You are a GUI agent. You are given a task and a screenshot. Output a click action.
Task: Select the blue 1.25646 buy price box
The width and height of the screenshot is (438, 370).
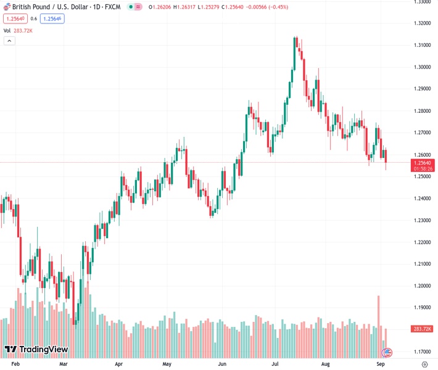52,18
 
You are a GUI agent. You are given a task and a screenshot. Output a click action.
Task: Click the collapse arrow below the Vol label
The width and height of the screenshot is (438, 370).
9,41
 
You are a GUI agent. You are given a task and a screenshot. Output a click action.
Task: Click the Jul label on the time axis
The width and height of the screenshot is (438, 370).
276,364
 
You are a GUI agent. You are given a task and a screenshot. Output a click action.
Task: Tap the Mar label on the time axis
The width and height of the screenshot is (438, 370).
63,364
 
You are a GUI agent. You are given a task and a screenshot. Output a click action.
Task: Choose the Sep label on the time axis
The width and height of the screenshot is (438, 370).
381,364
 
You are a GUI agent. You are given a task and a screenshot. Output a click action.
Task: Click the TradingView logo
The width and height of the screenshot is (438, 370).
36,350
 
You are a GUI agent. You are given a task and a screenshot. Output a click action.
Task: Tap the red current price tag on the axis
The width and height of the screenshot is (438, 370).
423,165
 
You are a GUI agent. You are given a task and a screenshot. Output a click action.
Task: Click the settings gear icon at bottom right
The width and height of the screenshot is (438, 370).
424,364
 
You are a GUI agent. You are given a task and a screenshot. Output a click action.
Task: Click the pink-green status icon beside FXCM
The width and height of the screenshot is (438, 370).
134,7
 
